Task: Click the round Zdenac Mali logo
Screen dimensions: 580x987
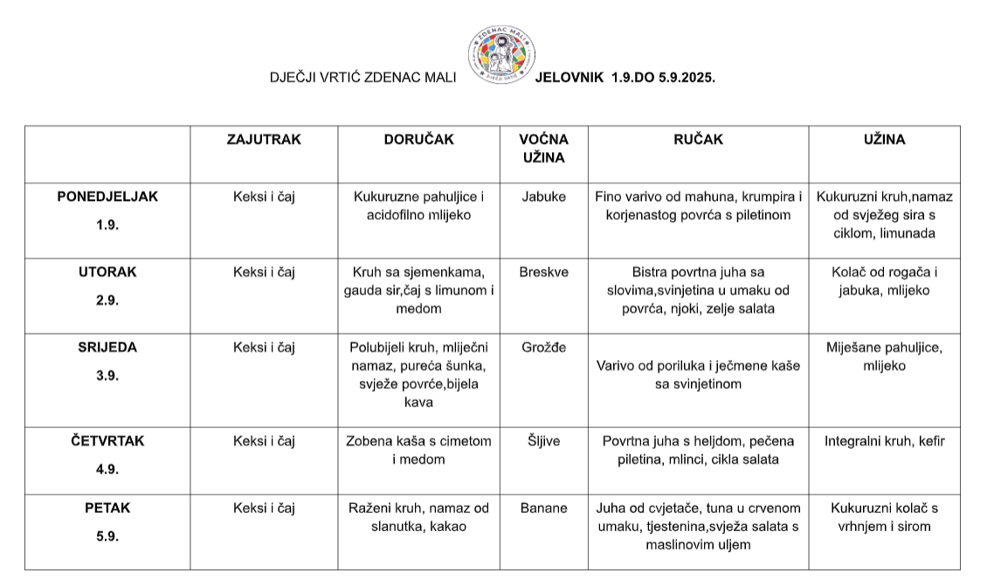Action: point(502,53)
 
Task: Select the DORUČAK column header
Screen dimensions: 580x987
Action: point(418,140)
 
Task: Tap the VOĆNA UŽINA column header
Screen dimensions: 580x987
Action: point(543,148)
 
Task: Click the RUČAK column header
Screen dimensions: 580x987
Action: point(697,140)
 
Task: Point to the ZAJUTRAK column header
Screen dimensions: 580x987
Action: point(264,140)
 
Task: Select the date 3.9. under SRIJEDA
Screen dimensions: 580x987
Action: point(107,376)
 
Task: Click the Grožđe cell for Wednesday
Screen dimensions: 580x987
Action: point(543,347)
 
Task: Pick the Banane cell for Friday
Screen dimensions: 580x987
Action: point(543,507)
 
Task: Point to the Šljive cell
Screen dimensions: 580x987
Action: point(543,441)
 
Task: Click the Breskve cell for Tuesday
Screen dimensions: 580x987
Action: point(543,272)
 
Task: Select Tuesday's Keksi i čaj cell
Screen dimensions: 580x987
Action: point(264,272)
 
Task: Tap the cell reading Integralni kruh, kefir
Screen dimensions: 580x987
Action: point(884,441)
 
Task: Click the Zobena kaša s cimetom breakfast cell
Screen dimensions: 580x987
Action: point(418,450)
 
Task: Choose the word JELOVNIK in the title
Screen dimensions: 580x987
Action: point(569,78)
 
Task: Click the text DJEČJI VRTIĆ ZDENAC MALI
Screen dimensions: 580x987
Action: point(362,78)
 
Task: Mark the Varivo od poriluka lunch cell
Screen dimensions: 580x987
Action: point(697,375)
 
